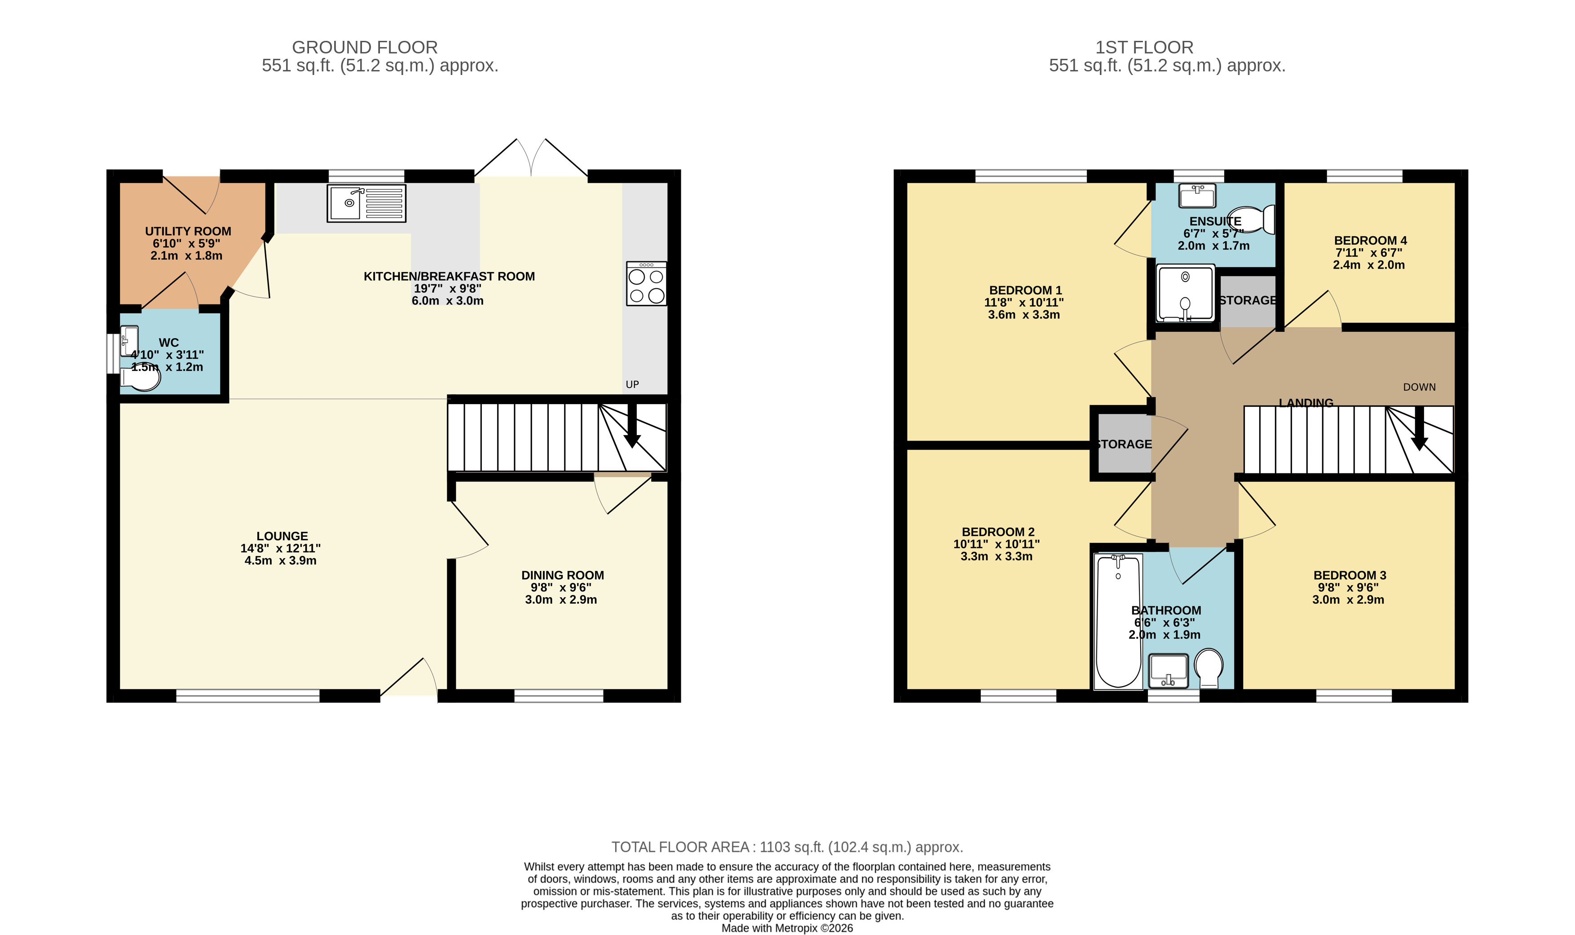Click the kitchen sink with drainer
click(366, 203)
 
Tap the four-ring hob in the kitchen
click(646, 283)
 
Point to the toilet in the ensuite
click(1251, 219)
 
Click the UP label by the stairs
click(632, 384)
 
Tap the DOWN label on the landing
click(1419, 387)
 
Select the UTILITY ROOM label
click(188, 231)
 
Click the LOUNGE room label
click(282, 536)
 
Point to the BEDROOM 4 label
click(1370, 240)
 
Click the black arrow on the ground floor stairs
click(632, 426)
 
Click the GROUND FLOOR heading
click(365, 47)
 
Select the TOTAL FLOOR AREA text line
click(787, 847)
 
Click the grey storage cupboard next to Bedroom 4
click(1248, 301)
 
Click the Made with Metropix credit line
click(787, 928)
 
